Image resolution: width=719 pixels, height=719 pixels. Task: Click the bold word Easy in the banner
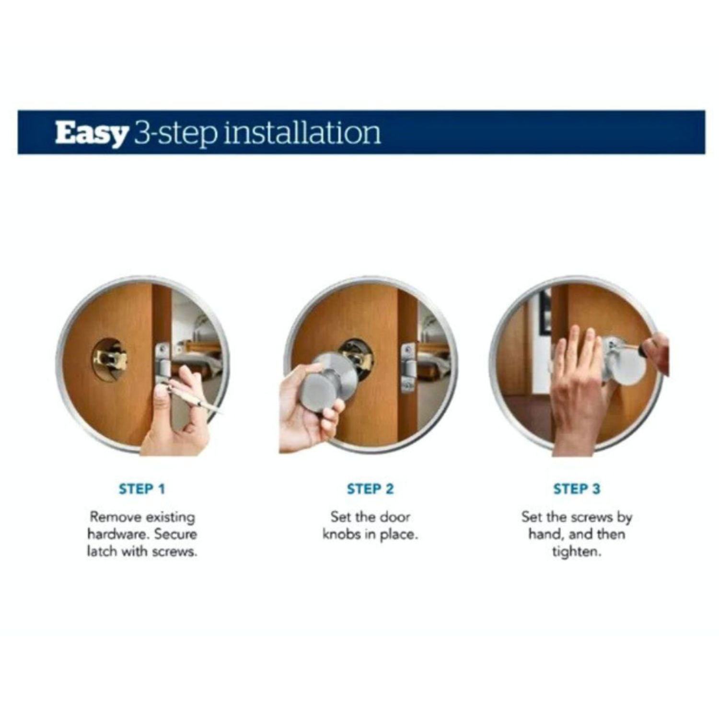point(91,133)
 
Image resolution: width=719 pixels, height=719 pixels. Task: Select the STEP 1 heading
point(142,489)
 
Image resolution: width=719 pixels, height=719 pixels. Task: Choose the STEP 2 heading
point(370,489)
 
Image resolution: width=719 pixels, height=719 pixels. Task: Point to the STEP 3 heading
point(577,489)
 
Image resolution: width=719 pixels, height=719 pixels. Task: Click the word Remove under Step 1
point(116,517)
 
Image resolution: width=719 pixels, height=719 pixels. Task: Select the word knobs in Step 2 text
point(341,534)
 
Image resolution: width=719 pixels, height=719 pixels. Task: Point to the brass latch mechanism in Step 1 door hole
point(110,359)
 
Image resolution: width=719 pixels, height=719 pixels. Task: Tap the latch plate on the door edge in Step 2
point(408,367)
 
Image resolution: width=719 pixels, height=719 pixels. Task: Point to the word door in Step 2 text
point(396,517)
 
